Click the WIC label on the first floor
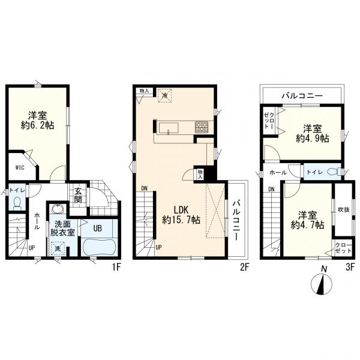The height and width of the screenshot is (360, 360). pos(20,167)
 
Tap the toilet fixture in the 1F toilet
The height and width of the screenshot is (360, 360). pos(17,203)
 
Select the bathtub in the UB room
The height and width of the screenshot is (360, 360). pos(100,247)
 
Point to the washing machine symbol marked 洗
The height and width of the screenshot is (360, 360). pos(57,248)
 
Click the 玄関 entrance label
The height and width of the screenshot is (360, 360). pos(78,195)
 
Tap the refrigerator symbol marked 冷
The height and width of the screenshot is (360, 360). pos(164,95)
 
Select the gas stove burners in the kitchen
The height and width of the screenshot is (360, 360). pos(202,127)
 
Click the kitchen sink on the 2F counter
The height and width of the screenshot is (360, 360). pos(169,128)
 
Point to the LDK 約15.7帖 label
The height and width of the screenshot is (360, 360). pos(181,215)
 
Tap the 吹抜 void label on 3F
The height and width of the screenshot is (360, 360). pos(344,209)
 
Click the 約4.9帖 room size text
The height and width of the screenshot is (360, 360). pos(312,139)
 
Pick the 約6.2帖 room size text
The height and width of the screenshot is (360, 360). pos(37,125)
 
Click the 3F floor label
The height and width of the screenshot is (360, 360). pos(350,267)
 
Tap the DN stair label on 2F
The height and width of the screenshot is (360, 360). pos(144,188)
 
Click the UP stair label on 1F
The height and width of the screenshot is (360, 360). pos(31,248)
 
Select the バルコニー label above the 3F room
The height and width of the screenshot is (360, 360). pos(302,95)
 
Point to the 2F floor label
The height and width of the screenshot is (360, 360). pos(244,267)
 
